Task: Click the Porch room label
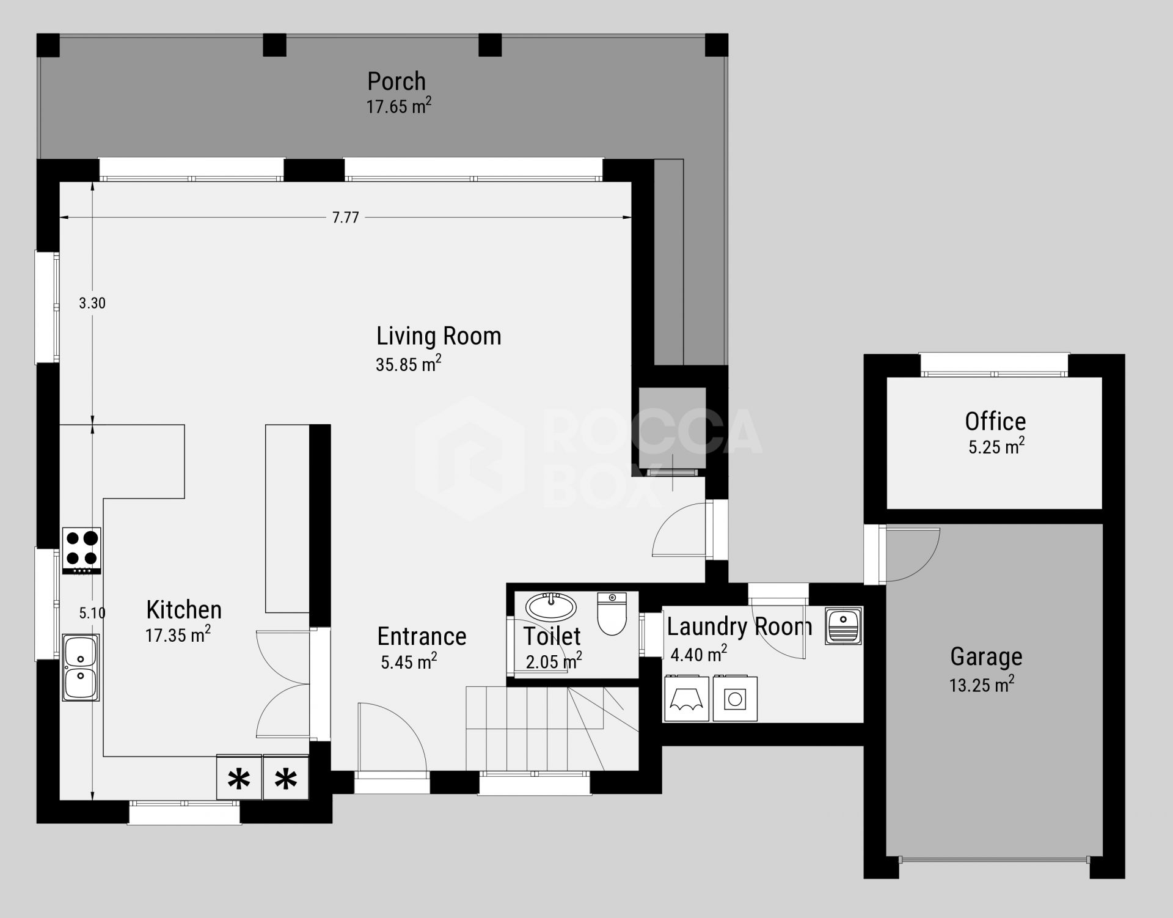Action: pos(396,81)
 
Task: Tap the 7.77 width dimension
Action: pos(346,218)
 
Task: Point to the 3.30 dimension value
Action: pos(92,303)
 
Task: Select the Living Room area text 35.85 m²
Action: pos(408,364)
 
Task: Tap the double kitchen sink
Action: pos(81,667)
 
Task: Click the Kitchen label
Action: pos(184,610)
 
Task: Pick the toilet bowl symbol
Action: pos(612,613)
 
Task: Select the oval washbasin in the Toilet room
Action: pos(552,607)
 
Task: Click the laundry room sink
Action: pos(843,625)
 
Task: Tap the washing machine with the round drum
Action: pos(735,699)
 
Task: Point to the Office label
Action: pos(995,421)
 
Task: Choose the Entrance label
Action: pos(422,636)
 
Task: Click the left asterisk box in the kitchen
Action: pos(239,777)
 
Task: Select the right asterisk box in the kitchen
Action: pos(286,777)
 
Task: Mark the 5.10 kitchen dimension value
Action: pos(92,613)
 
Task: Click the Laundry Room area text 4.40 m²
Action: pos(699,655)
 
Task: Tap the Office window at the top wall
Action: pos(995,365)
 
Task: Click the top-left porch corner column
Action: pos(48,45)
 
